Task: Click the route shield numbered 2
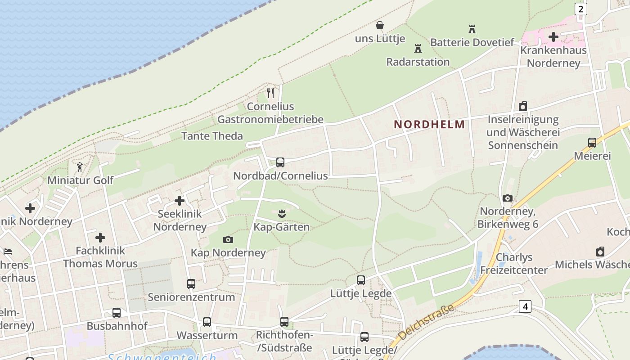[x=581, y=9]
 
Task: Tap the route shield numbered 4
[x=525, y=306]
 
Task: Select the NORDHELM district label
[x=429, y=124]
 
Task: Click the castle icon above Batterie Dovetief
[x=472, y=29]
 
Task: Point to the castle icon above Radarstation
[x=418, y=48]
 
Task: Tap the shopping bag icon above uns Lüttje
[x=380, y=25]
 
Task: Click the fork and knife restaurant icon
[x=270, y=93]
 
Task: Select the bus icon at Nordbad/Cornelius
[x=280, y=162]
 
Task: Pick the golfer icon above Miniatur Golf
[x=80, y=167]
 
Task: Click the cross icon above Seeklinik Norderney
[x=180, y=201]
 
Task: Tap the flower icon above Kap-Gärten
[x=282, y=213]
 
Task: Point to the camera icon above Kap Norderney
[x=228, y=239]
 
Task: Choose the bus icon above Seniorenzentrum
[x=191, y=284]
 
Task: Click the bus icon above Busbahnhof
[x=117, y=313]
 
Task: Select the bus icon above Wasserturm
[x=207, y=322]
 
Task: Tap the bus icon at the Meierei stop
[x=592, y=143]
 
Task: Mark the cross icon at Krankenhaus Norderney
[x=553, y=37]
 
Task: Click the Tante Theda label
[x=212, y=136]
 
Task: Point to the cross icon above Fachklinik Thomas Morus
[x=100, y=238]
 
